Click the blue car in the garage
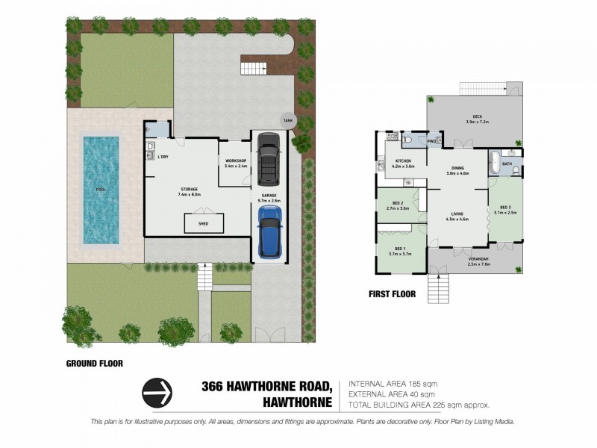pyautogui.click(x=270, y=231)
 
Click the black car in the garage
pyautogui.click(x=269, y=160)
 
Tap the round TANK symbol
pyautogui.click(x=288, y=120)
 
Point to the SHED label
pyautogui.click(x=202, y=223)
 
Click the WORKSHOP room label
pyautogui.click(x=236, y=161)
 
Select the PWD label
pyautogui.click(x=431, y=140)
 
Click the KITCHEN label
pyautogui.click(x=403, y=161)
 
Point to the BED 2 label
pyautogui.click(x=398, y=203)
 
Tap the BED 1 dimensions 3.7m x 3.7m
pyautogui.click(x=400, y=254)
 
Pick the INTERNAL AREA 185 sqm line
pyautogui.click(x=391, y=384)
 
